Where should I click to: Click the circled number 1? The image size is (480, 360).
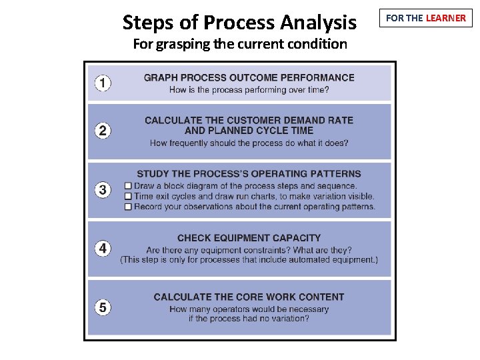pyautogui.click(x=103, y=83)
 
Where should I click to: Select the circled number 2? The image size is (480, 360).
pyautogui.click(x=103, y=131)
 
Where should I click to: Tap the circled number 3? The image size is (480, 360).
pyautogui.click(x=103, y=190)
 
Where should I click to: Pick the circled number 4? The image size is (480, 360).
pyautogui.click(x=103, y=249)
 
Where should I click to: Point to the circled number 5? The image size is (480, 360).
pyautogui.click(x=103, y=307)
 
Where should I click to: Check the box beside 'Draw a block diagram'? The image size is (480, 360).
pyautogui.click(x=128, y=186)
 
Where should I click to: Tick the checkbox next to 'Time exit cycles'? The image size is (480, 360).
pyautogui.click(x=128, y=197)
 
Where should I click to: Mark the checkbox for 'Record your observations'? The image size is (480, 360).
pyautogui.click(x=128, y=207)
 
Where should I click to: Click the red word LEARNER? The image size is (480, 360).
pyautogui.click(x=445, y=18)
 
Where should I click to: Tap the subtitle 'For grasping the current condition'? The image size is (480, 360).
pyautogui.click(x=239, y=45)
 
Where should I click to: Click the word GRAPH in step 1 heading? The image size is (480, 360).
pyautogui.click(x=161, y=78)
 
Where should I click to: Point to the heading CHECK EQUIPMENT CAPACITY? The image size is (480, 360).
pyautogui.click(x=249, y=238)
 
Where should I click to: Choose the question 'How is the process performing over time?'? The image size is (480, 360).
pyautogui.click(x=249, y=90)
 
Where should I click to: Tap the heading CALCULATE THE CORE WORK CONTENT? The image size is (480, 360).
pyautogui.click(x=249, y=297)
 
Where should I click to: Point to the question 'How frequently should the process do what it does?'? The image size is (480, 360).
pyautogui.click(x=249, y=143)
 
